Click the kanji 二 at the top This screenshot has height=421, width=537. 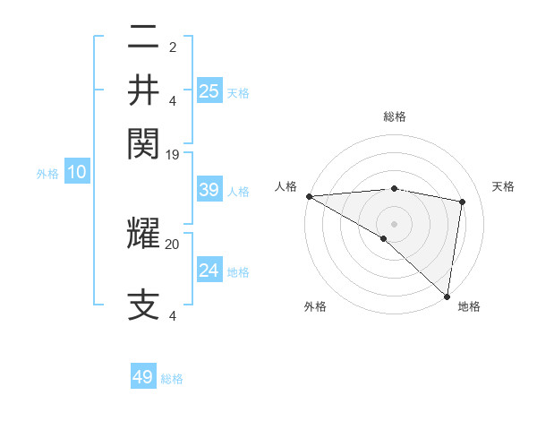click(x=143, y=39)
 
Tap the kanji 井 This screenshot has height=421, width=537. click(x=143, y=91)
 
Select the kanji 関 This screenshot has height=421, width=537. click(x=143, y=142)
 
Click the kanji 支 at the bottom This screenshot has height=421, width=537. click(x=143, y=305)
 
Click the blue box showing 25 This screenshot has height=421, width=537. click(x=209, y=90)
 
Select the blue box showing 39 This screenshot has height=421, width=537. click(x=209, y=190)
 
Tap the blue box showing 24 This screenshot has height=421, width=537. click(x=209, y=271)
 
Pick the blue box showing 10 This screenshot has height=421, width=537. click(x=76, y=172)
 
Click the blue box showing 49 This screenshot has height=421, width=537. click(x=143, y=377)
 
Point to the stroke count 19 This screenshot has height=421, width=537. click(x=173, y=154)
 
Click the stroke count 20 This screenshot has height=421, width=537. click(x=173, y=243)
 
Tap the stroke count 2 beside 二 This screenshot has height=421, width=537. click(x=173, y=47)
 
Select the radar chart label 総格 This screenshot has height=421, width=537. click(x=394, y=116)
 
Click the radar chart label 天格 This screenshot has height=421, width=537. click(x=503, y=186)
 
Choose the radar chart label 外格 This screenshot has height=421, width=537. click(x=315, y=307)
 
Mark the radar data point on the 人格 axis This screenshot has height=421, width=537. click(x=309, y=196)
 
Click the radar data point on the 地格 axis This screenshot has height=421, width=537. click(x=447, y=295)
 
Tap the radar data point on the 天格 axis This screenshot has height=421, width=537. click(x=463, y=202)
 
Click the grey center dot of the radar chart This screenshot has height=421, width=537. click(x=394, y=223)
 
